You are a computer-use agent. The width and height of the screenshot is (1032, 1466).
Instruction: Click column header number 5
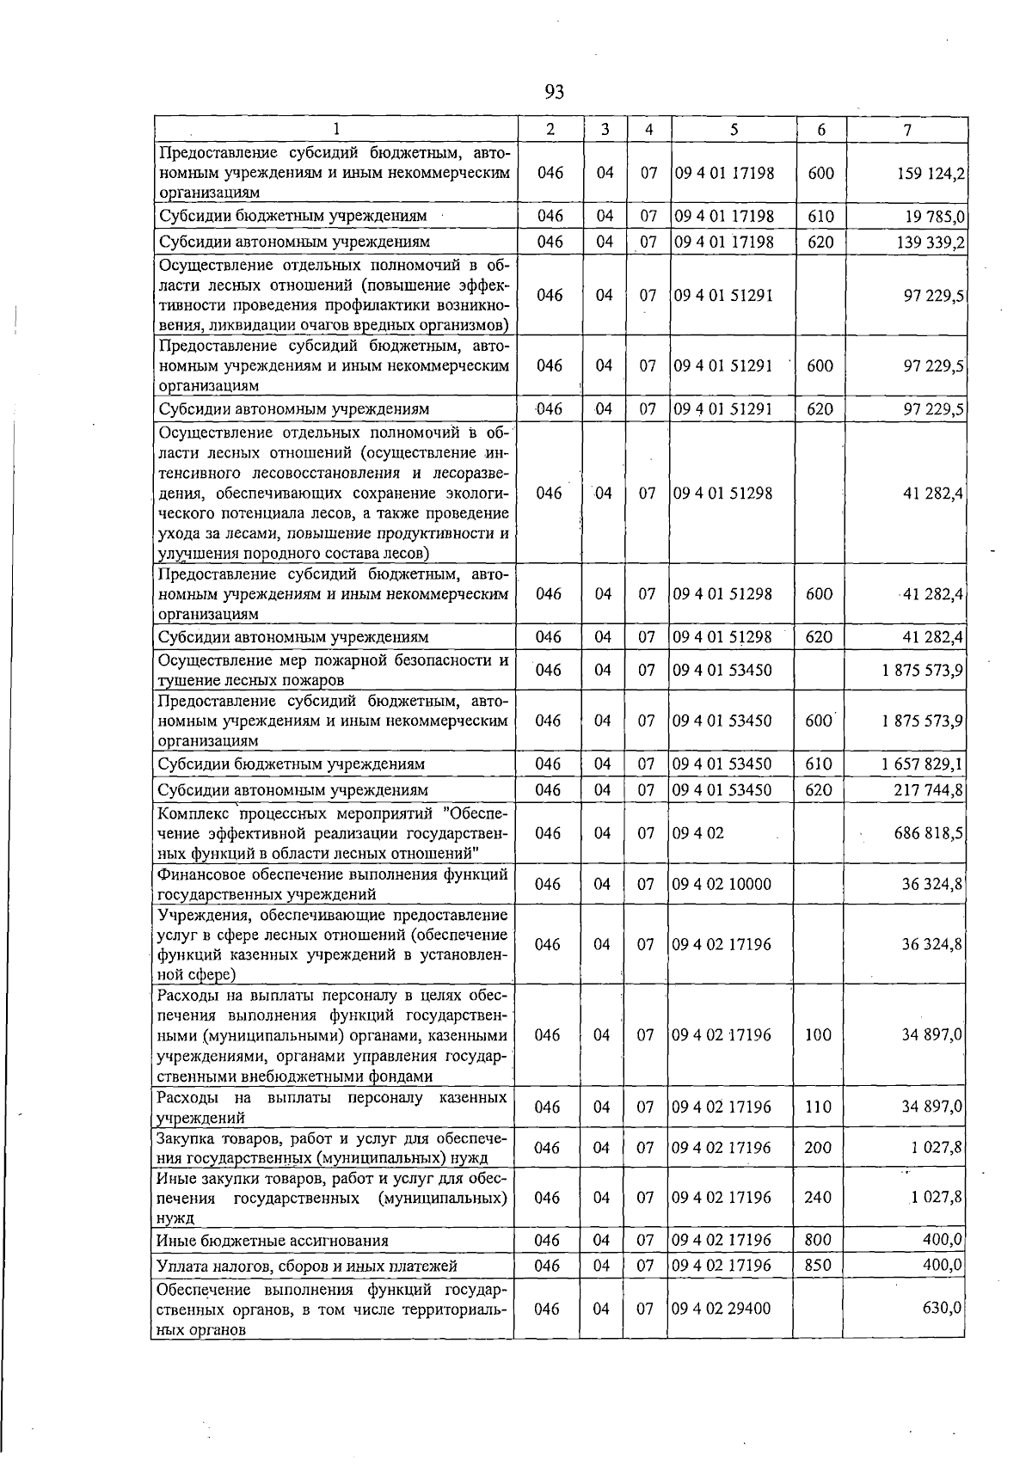tap(734, 130)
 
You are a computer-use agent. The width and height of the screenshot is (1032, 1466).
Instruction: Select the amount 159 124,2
tap(932, 173)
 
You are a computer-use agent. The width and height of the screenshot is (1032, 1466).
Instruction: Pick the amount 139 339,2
tap(932, 242)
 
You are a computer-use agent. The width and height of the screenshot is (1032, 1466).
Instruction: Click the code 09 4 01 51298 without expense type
tap(723, 494)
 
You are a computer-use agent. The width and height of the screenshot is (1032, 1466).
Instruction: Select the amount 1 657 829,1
tap(921, 764)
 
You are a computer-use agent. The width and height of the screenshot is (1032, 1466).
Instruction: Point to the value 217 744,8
tap(928, 789)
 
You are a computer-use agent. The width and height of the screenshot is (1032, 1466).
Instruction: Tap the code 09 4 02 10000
tap(723, 884)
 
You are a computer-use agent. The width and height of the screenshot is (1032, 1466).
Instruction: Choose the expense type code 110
tap(818, 1107)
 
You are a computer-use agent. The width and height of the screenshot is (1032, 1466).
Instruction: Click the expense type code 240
tap(818, 1198)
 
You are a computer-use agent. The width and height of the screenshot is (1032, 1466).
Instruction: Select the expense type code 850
tap(818, 1266)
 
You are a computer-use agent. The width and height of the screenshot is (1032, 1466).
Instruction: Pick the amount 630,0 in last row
tap(941, 1309)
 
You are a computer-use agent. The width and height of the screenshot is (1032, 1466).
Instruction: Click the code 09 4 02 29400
tap(723, 1309)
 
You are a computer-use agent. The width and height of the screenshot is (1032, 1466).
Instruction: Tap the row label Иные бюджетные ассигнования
tap(273, 1241)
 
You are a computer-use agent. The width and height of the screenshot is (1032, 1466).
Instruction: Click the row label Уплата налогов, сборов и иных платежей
tap(307, 1266)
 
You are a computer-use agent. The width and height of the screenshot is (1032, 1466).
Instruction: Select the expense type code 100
tap(818, 1035)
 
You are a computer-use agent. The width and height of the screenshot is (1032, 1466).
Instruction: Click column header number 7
tap(907, 130)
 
